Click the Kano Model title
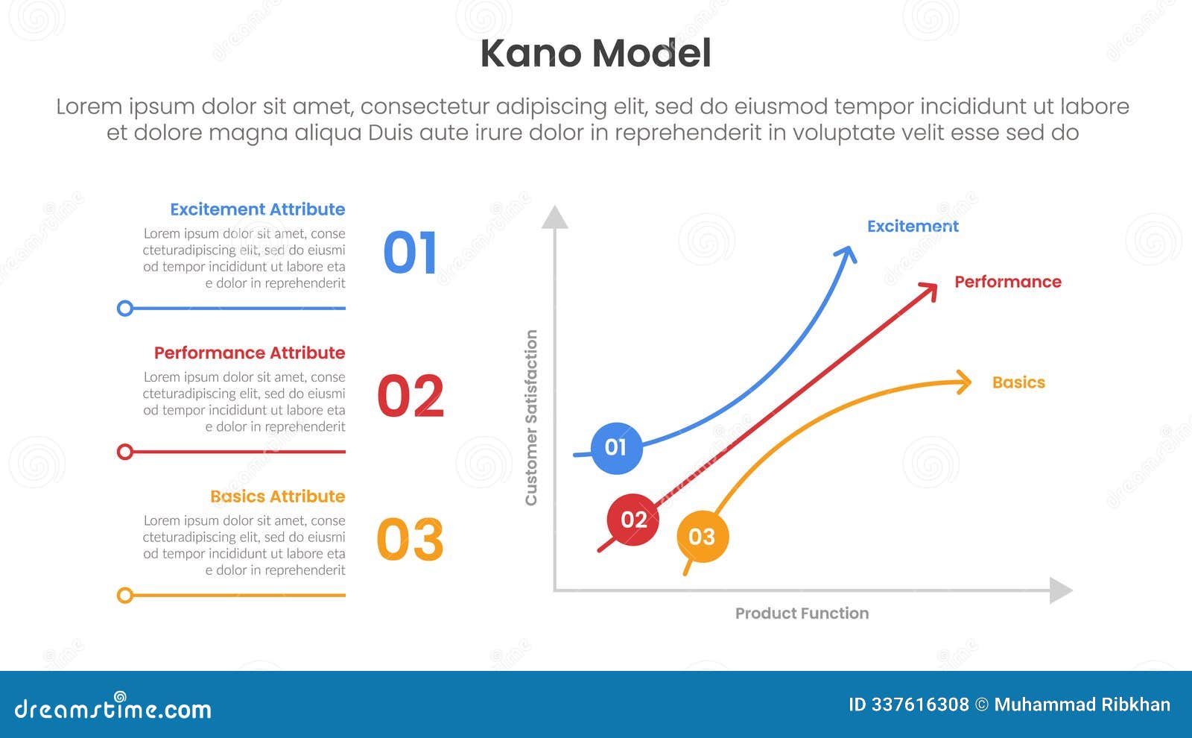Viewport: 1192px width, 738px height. (x=595, y=54)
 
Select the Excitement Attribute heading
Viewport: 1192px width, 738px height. (x=257, y=209)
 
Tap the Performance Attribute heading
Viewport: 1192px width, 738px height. (x=250, y=353)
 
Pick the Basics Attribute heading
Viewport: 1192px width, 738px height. (x=277, y=496)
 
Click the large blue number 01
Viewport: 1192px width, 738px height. (x=410, y=253)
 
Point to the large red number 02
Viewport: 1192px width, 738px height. (x=410, y=397)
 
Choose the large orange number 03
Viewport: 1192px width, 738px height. (x=410, y=540)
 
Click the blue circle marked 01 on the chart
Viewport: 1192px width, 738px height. (x=616, y=448)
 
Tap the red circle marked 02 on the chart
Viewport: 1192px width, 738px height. (x=633, y=520)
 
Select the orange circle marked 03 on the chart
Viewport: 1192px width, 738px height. (x=702, y=537)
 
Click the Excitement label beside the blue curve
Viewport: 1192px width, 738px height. (x=913, y=227)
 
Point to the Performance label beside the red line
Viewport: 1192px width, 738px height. (x=1007, y=282)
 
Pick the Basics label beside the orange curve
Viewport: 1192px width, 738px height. (x=1018, y=382)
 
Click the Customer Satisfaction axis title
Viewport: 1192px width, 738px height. (x=531, y=417)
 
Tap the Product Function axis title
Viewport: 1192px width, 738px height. (x=802, y=614)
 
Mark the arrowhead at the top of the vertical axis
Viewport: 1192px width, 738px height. (x=554, y=217)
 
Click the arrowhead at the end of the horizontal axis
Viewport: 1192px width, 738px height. (x=1061, y=590)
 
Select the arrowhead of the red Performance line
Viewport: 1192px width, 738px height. (x=930, y=289)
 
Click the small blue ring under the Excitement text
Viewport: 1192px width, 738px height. (x=125, y=308)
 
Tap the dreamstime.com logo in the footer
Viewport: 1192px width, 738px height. (x=112, y=708)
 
